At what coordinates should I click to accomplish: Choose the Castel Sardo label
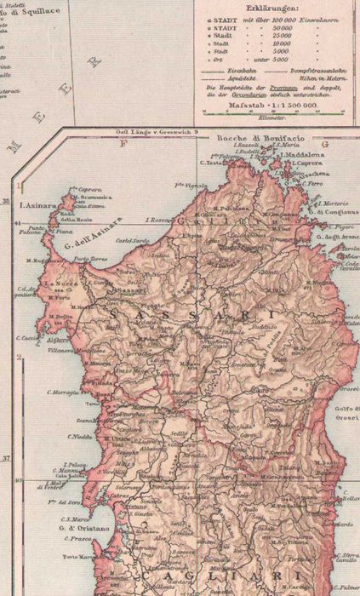138,241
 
